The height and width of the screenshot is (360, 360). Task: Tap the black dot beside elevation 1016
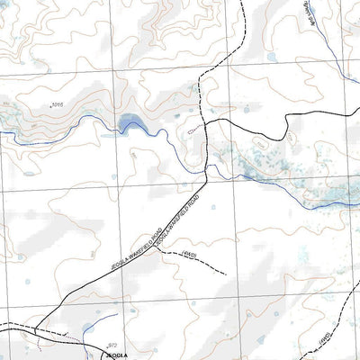51,107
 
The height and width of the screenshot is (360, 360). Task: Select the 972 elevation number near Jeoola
113,345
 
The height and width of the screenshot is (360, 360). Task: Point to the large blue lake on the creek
130,121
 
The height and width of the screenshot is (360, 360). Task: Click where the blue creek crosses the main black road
208,168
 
